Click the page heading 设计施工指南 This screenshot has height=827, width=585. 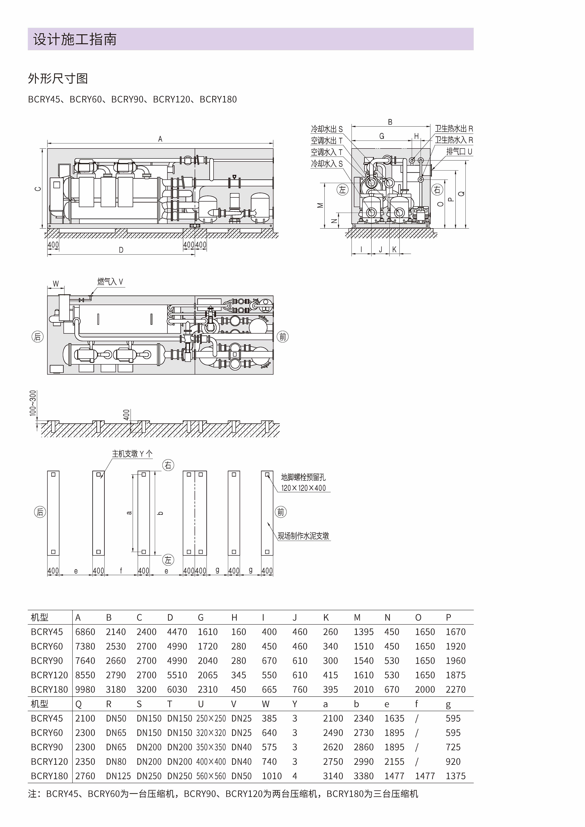pyautogui.click(x=75, y=39)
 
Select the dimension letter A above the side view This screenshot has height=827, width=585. pyautogui.click(x=160, y=139)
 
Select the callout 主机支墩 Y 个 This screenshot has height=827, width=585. pyautogui.click(x=132, y=454)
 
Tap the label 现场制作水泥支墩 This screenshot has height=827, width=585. pyautogui.click(x=303, y=536)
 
